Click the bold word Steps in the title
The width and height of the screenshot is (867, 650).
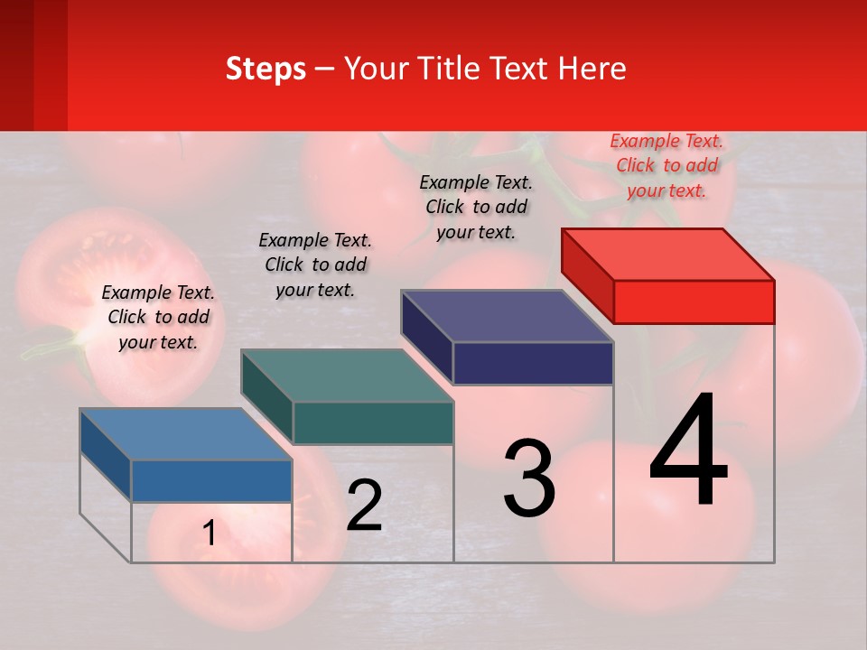pyautogui.click(x=266, y=69)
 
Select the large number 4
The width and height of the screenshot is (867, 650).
pyautogui.click(x=688, y=450)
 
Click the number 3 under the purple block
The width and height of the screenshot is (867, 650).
pyautogui.click(x=529, y=478)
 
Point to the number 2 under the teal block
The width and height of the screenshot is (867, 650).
pyautogui.click(x=364, y=505)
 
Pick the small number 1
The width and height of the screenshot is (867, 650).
pyautogui.click(x=210, y=534)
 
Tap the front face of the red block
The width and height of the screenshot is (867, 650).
pyautogui.click(x=694, y=302)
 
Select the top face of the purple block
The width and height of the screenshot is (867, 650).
pyautogui.click(x=507, y=316)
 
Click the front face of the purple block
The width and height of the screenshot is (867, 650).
pyautogui.click(x=533, y=363)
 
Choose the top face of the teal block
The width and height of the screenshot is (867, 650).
pyautogui.click(x=347, y=376)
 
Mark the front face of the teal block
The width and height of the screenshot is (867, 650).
pyautogui.click(x=373, y=422)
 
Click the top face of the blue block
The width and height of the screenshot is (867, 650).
pyautogui.click(x=185, y=434)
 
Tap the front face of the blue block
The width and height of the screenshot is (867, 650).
pyautogui.click(x=211, y=481)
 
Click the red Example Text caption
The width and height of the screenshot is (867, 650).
pyautogui.click(x=667, y=165)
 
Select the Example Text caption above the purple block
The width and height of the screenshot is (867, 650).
pyautogui.click(x=476, y=207)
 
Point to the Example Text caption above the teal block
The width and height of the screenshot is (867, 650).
pyautogui.click(x=315, y=265)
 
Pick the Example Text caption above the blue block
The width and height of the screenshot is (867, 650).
pyautogui.click(x=158, y=317)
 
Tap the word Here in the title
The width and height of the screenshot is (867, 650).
pyautogui.click(x=593, y=69)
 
